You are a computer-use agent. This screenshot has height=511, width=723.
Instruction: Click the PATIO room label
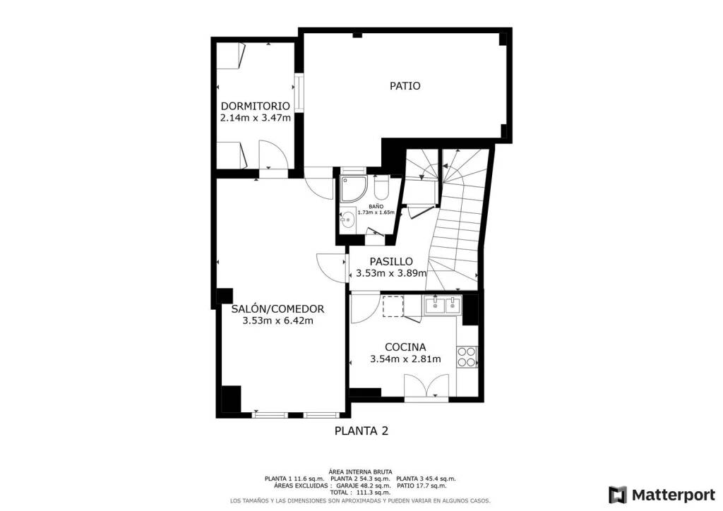click(x=405, y=86)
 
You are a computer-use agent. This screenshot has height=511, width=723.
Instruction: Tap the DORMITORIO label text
click(x=256, y=107)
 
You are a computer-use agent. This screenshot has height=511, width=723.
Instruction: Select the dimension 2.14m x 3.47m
click(x=256, y=118)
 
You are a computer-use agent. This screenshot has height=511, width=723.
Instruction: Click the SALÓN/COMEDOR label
click(x=277, y=308)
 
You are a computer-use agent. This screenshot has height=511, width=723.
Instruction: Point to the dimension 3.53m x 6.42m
click(x=277, y=320)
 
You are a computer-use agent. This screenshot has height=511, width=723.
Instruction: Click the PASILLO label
click(x=391, y=262)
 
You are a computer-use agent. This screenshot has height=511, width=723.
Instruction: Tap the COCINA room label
click(x=405, y=347)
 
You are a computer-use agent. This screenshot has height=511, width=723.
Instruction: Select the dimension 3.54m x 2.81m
click(x=405, y=359)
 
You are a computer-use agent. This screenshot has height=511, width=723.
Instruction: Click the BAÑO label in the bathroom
click(x=376, y=206)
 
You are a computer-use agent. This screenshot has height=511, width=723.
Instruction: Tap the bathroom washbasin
click(x=348, y=218)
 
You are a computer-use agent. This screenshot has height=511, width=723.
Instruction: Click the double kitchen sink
click(x=443, y=304)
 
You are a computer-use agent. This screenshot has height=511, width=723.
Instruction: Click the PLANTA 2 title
click(x=361, y=431)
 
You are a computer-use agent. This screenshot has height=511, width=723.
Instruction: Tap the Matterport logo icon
click(x=617, y=495)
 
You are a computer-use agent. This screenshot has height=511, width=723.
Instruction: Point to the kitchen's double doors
click(x=426, y=385)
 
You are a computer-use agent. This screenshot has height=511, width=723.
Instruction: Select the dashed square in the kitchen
click(x=393, y=306)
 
